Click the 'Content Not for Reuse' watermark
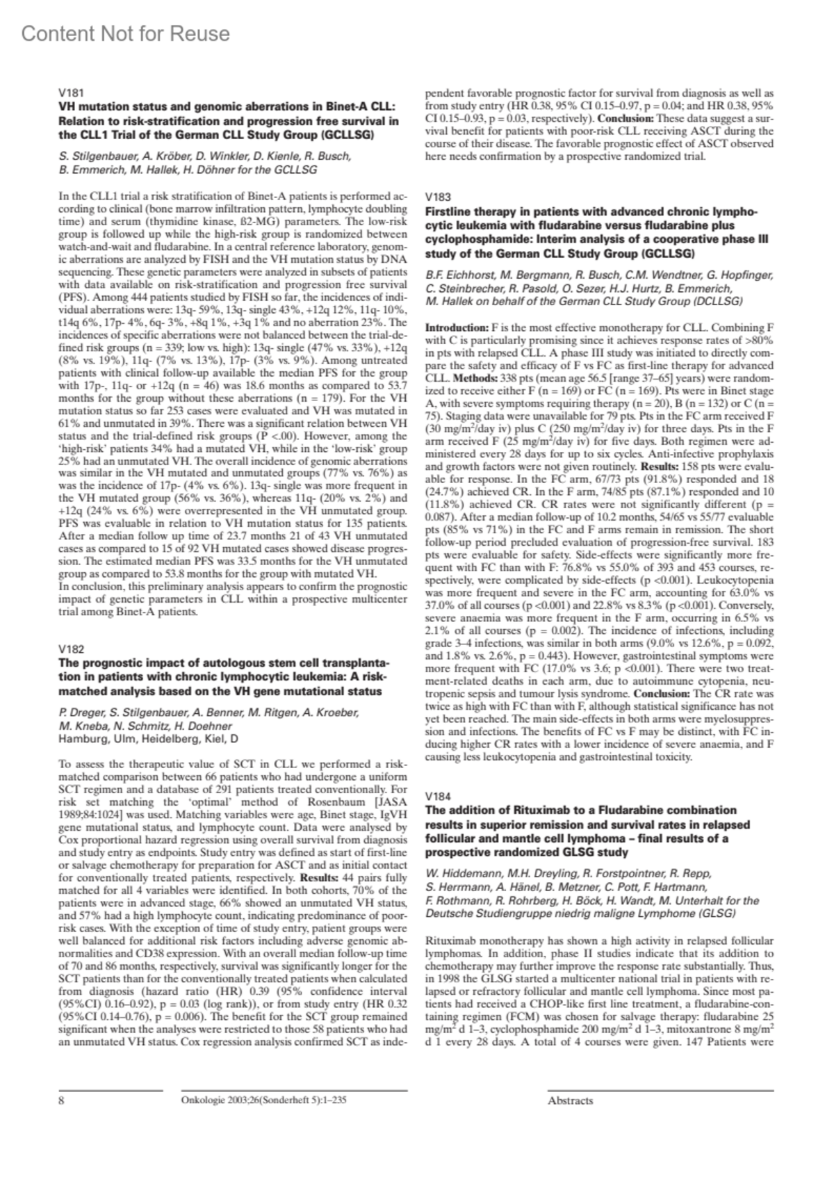(126, 33)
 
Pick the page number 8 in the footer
(62, 1100)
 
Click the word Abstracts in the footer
(570, 1100)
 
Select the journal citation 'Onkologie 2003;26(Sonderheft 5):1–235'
(263, 1100)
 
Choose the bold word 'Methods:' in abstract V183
(475, 377)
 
